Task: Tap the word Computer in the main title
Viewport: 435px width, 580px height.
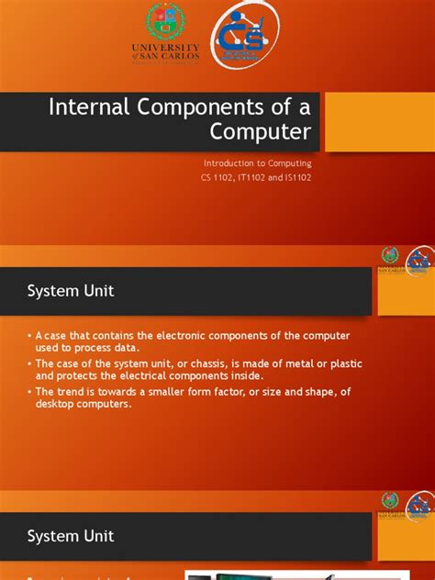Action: [261, 131]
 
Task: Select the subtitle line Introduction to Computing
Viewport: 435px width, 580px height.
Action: [257, 162]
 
